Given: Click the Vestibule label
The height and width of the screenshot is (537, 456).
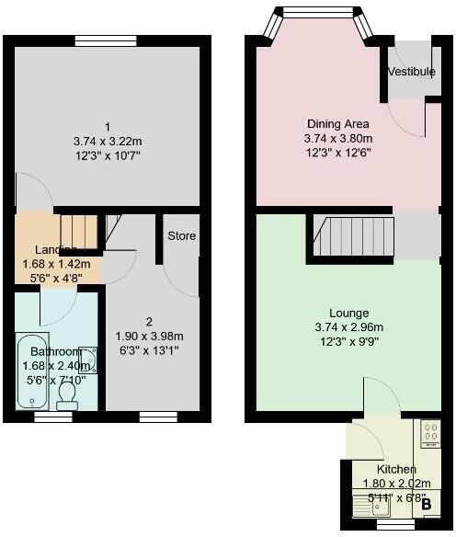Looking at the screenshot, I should tap(411, 72).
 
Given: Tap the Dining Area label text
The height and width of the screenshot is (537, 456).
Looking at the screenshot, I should tap(338, 124).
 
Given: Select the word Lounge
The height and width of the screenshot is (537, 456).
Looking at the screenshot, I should tap(338, 312).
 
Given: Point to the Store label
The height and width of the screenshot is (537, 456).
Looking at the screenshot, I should tap(181, 236).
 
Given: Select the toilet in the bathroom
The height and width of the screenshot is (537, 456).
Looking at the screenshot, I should tap(67, 393).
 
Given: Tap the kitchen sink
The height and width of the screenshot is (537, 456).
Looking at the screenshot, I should tap(371, 505).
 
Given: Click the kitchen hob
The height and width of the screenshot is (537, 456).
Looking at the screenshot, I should tap(430, 433).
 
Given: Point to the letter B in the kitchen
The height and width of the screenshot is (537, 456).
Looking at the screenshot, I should tap(426, 504).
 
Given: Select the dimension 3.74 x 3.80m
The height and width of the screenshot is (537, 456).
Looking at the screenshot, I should tap(338, 138).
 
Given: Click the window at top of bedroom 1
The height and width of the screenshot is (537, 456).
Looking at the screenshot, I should tap(107, 39).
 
